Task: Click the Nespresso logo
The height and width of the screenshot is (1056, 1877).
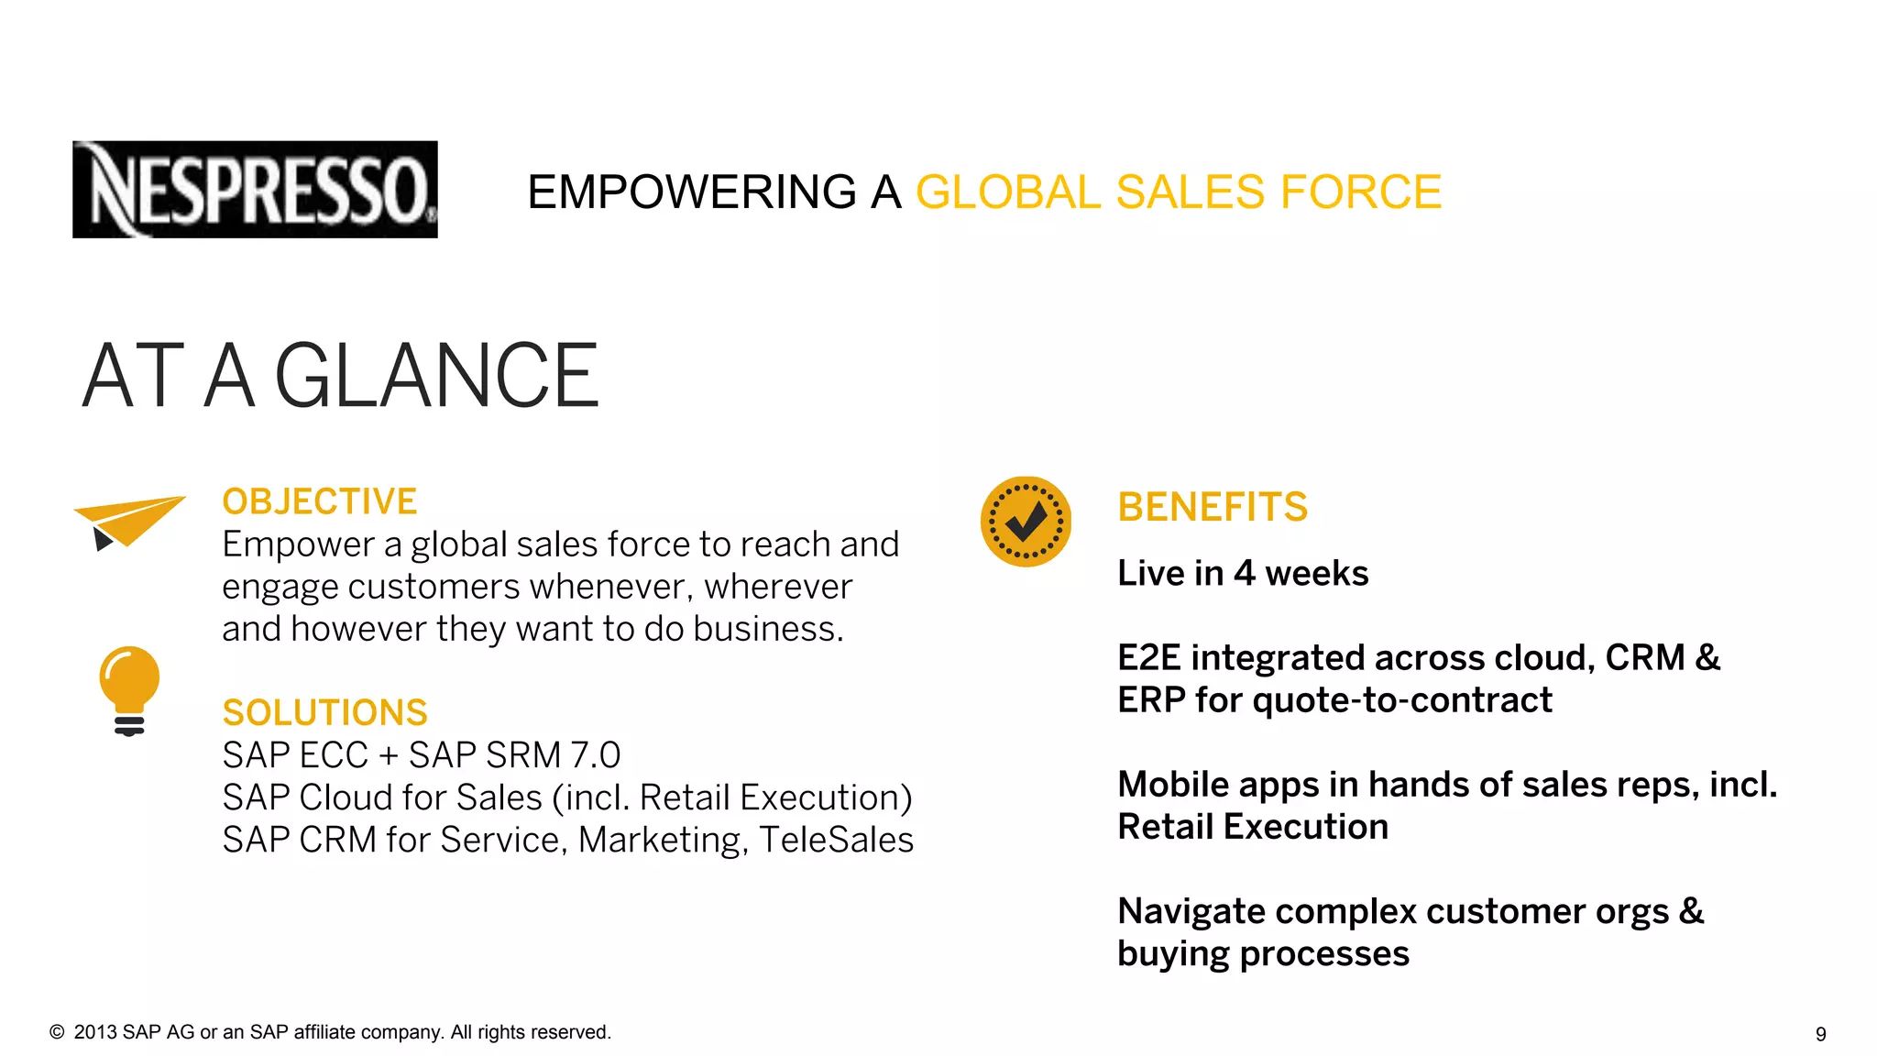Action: pyautogui.click(x=255, y=190)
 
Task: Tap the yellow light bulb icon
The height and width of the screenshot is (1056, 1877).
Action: pyautogui.click(x=129, y=689)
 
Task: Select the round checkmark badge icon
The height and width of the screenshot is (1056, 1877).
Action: pyautogui.click(x=1026, y=522)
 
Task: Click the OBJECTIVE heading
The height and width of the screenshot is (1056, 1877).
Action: pyautogui.click(x=320, y=501)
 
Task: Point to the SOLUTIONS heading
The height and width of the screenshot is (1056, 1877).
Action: pyautogui.click(x=324, y=712)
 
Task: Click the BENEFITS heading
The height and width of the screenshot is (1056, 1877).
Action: pyautogui.click(x=1213, y=507)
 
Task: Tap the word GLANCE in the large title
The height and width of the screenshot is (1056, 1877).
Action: pyautogui.click(x=436, y=376)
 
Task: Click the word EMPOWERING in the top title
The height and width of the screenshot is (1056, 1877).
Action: pyautogui.click(x=692, y=192)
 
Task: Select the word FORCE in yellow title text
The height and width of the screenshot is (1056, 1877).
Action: pyautogui.click(x=1360, y=192)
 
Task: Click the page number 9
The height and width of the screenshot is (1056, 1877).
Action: pyautogui.click(x=1820, y=1034)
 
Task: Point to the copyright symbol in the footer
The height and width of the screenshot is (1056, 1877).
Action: pyautogui.click(x=57, y=1032)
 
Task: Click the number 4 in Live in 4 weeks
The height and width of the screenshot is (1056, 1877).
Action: pyautogui.click(x=1244, y=573)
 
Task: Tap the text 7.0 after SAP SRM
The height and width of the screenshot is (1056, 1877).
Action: pyautogui.click(x=595, y=755)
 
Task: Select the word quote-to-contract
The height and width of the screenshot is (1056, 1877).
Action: pyautogui.click(x=1402, y=700)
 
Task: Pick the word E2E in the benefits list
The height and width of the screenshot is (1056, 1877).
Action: pyautogui.click(x=1148, y=657)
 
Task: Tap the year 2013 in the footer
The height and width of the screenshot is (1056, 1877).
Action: pyautogui.click(x=95, y=1032)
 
